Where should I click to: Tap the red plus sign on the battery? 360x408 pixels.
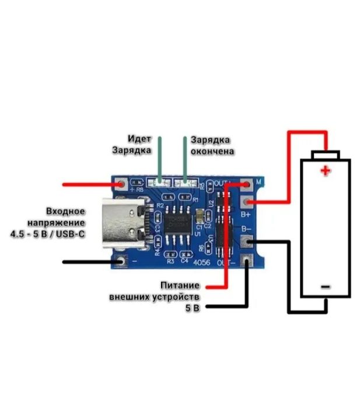(325, 171)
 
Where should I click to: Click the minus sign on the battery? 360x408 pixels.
(326, 287)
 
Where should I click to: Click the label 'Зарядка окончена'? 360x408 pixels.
(212, 145)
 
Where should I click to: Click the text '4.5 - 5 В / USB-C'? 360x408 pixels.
(47, 233)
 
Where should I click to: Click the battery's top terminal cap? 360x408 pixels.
(325, 155)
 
